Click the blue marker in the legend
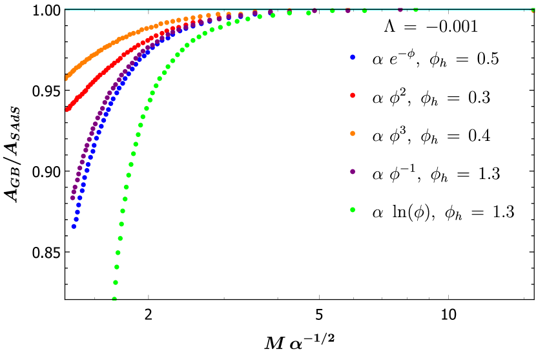[x=352, y=57]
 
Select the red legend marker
[x=352, y=95]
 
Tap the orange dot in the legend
[x=352, y=133]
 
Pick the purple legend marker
[x=352, y=171]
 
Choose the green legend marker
[x=352, y=209]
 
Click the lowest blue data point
[x=74, y=226]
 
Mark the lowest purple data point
[x=72, y=198]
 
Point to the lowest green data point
[x=114, y=299]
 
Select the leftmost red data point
[x=67, y=109]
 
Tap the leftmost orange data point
[x=66, y=78]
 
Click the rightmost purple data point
[x=400, y=9]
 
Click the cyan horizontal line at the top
[x=194, y=9]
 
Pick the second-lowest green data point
[x=115, y=282]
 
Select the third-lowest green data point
[x=116, y=267]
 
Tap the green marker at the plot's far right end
[x=533, y=10]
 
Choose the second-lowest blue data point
[x=76, y=219]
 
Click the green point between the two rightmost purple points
[x=364, y=10]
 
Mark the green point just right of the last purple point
[x=415, y=10]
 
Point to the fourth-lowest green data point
[x=118, y=253]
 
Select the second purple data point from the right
[x=347, y=10]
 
